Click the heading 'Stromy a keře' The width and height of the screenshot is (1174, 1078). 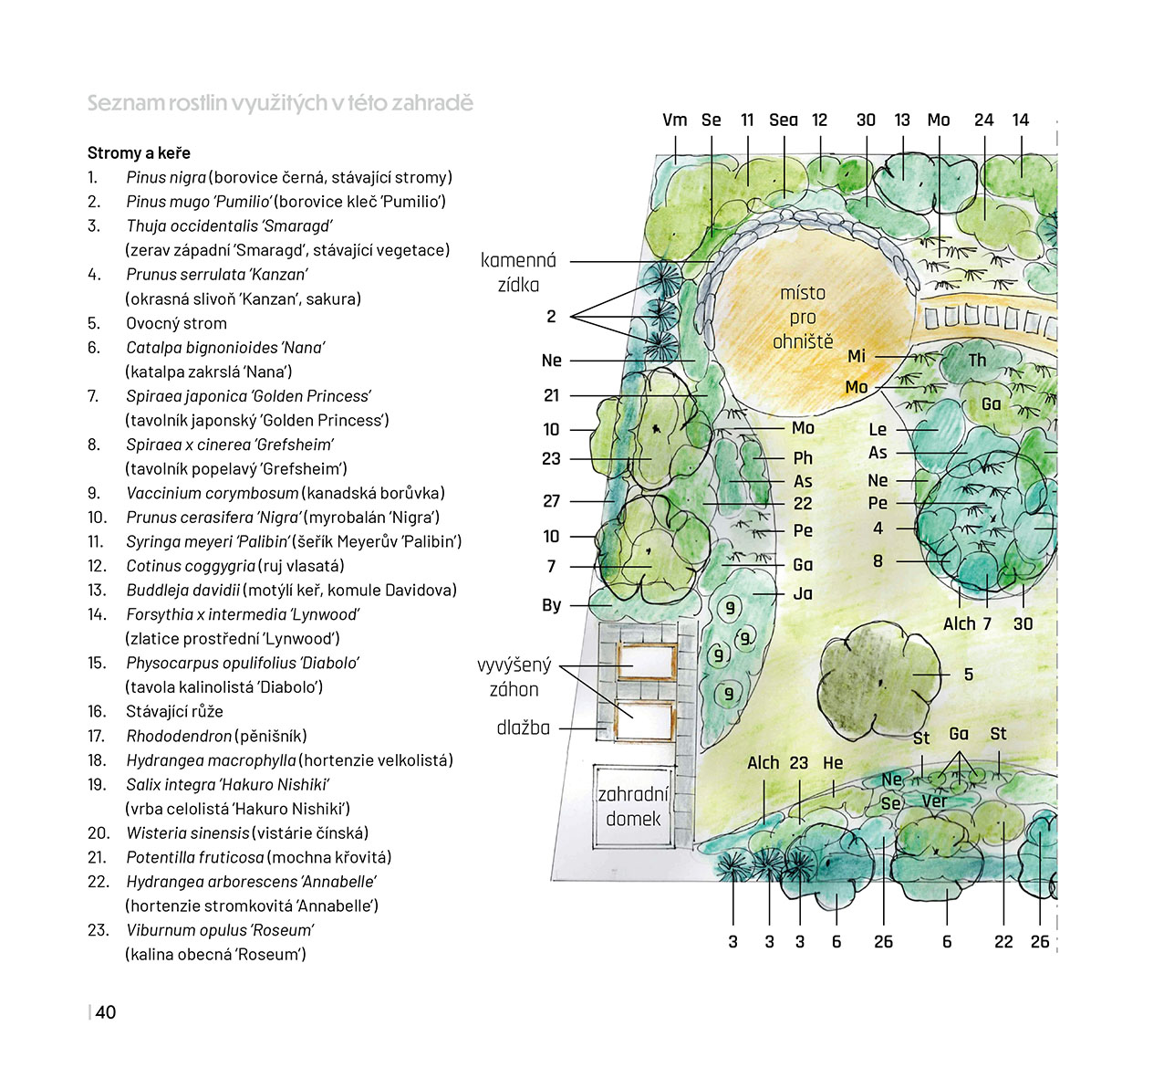coord(139,153)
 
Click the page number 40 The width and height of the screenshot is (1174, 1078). coord(105,1011)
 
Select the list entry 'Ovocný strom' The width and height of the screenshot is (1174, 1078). coord(176,323)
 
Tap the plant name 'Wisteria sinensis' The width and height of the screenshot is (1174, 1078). coord(188,833)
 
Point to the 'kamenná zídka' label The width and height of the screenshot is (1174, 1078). coord(518,272)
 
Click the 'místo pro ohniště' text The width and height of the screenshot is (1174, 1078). coord(803,317)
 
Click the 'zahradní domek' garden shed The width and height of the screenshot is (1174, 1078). coord(633,806)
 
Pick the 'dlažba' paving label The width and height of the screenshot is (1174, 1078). coord(524,728)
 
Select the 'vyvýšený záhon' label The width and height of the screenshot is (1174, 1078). coord(514,677)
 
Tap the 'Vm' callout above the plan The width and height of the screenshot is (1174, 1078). coord(675,120)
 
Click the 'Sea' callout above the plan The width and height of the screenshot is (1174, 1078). coord(784,120)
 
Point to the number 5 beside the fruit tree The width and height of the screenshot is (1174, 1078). coord(969,675)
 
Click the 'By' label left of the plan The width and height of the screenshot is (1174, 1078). coord(551,604)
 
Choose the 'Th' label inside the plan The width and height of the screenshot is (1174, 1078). coord(977,360)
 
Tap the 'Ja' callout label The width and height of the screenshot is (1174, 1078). coord(803,594)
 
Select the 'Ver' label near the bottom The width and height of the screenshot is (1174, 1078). coord(934,801)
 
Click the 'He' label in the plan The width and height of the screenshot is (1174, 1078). coord(833,763)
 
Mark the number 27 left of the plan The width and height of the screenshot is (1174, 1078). coord(551,501)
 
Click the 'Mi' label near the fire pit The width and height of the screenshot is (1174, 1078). coord(857,356)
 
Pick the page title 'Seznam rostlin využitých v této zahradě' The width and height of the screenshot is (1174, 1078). coord(280,103)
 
